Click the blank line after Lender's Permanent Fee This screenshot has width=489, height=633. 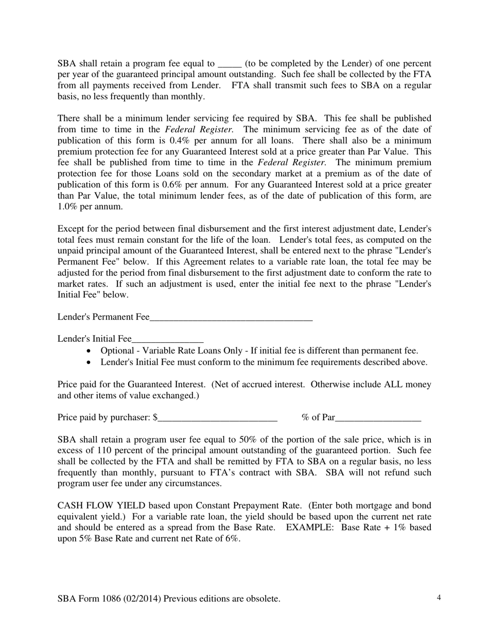(231, 318)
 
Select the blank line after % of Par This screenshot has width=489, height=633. (378, 418)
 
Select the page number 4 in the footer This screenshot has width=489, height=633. (439, 598)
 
